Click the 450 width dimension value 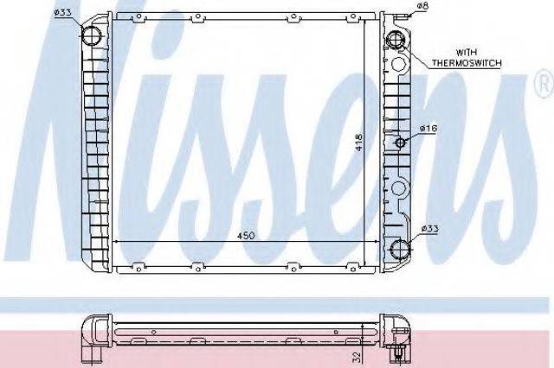click(246, 236)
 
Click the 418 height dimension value click(359, 143)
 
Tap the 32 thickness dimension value click(357, 357)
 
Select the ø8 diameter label click(422, 6)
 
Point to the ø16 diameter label click(428, 129)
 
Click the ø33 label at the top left click(63, 13)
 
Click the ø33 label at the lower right click(429, 229)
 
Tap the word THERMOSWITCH click(467, 63)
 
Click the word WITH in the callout click(467, 53)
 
